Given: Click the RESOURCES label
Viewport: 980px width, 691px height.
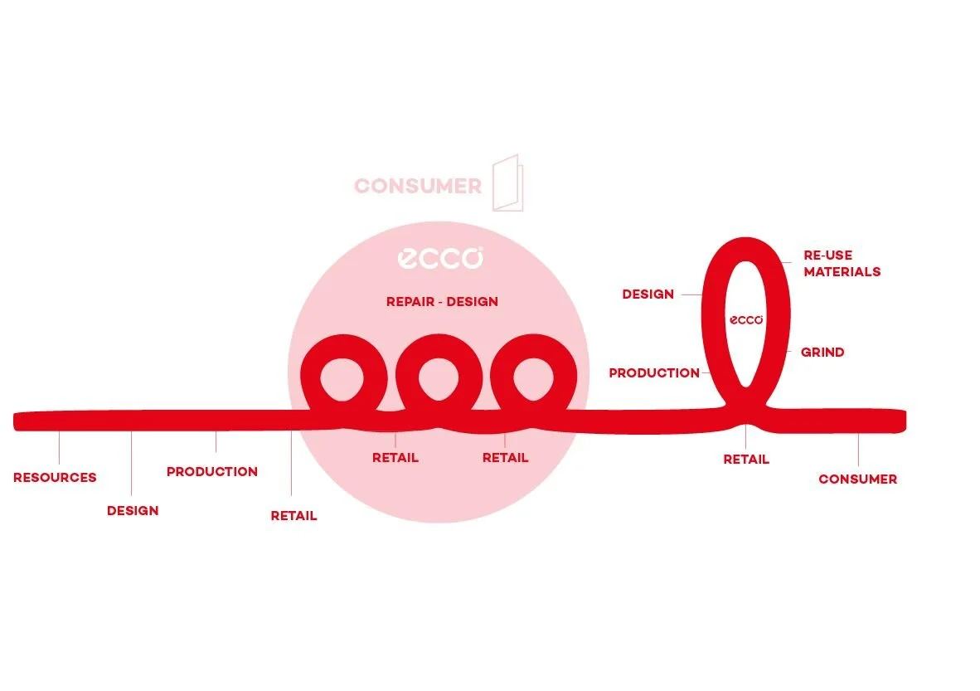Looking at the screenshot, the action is click(55, 478).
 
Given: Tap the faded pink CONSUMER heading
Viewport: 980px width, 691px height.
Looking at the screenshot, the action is click(418, 186).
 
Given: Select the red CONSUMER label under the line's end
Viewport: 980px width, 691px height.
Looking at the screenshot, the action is click(857, 479).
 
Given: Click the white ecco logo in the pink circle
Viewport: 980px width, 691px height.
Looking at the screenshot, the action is click(440, 258).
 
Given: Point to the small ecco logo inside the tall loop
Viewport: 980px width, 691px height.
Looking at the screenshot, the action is click(746, 319).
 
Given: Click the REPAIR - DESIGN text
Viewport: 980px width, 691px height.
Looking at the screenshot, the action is click(442, 302).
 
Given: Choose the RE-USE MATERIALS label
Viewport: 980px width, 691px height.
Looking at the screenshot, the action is click(841, 263).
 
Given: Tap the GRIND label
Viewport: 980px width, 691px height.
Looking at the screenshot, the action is click(822, 353).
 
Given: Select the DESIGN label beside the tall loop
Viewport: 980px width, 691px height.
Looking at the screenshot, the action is click(648, 294).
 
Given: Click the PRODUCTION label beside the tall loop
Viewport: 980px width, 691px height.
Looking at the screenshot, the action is click(654, 373).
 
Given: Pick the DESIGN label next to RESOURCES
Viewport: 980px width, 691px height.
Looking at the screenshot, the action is click(133, 511).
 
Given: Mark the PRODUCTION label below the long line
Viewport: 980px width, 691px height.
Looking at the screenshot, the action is click(212, 472).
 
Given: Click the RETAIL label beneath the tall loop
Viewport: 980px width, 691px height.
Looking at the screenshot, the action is click(746, 460).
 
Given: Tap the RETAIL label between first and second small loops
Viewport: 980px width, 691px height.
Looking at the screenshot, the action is click(395, 458).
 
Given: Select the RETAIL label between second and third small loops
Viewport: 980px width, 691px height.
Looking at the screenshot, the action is click(505, 458).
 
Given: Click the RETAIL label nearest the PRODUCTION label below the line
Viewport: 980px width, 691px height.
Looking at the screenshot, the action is click(294, 516).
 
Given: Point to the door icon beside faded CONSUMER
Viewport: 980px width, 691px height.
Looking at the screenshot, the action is click(507, 182).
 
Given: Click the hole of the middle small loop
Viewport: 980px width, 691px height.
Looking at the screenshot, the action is click(439, 377).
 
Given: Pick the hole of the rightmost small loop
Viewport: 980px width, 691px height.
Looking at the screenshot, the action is click(534, 377).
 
